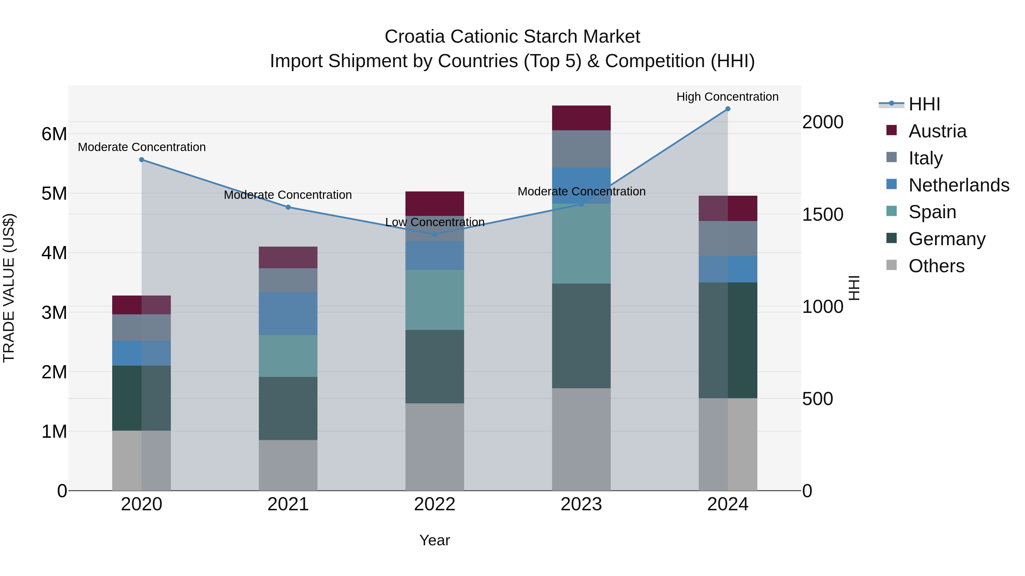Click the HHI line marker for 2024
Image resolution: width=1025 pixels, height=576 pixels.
(728, 109)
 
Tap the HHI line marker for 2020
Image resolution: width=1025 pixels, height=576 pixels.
(142, 160)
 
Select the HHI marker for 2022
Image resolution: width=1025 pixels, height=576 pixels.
(435, 235)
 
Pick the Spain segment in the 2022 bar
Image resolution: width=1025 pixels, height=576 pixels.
(434, 300)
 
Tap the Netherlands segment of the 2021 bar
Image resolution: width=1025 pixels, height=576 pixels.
(288, 314)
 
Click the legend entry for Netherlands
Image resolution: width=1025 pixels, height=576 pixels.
(959, 185)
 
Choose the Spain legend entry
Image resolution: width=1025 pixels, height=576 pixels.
(932, 212)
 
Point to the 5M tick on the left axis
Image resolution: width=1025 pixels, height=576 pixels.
(54, 194)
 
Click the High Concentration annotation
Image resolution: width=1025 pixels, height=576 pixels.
(727, 97)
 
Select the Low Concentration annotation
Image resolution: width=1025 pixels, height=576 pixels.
(435, 222)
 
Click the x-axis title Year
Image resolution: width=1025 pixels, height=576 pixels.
(434, 541)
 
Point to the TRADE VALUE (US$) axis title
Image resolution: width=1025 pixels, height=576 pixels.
(9, 288)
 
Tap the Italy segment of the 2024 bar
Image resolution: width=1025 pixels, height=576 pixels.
(728, 239)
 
